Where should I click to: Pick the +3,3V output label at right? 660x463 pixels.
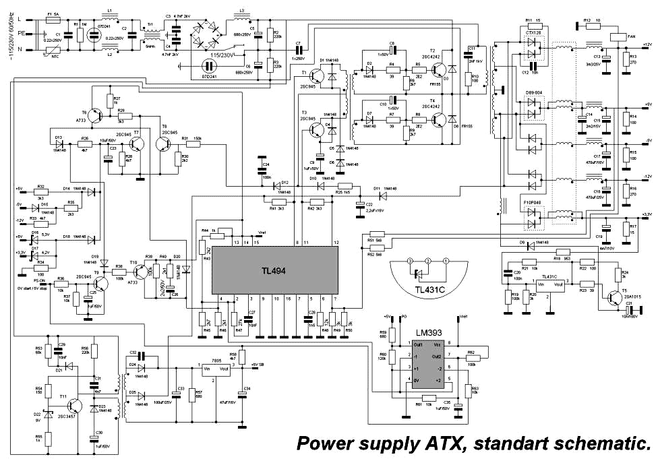[645, 214]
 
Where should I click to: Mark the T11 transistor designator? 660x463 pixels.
[63, 398]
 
